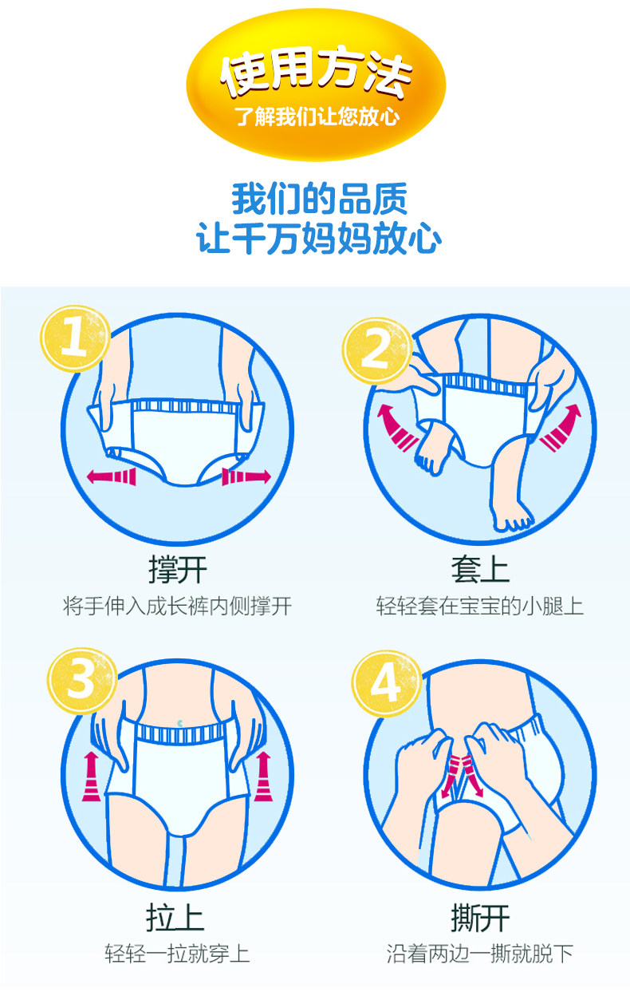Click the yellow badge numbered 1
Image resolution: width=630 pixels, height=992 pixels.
coord(75,338)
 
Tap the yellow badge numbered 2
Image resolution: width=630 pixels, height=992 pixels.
coord(376,350)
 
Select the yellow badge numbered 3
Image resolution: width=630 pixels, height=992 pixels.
coord(82,681)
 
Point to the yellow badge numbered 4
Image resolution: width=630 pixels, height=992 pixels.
coord(386,683)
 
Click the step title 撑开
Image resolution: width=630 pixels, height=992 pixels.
coord(177,570)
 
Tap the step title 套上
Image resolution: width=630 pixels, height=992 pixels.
coord(480,570)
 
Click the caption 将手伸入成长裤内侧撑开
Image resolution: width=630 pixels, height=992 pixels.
coord(177,606)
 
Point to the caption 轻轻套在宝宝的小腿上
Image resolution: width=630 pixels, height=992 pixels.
coord(480,606)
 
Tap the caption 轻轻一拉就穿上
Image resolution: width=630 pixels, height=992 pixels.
coord(177,954)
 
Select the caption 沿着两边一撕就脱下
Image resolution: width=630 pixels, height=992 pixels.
coord(480,954)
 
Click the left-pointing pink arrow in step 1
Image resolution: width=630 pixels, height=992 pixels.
coord(112,477)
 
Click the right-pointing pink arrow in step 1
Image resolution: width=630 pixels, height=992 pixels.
coord(246,477)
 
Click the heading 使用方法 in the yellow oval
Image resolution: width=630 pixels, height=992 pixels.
coord(316,72)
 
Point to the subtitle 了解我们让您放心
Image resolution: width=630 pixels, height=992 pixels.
coord(317,117)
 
